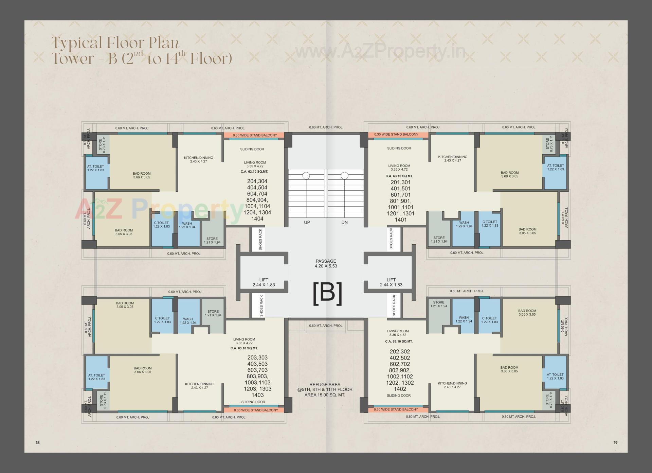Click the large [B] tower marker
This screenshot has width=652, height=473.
tap(327, 293)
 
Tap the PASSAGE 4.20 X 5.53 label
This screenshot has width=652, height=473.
tap(326, 264)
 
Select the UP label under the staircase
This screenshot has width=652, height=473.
tap(307, 223)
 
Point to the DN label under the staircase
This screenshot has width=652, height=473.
tap(344, 223)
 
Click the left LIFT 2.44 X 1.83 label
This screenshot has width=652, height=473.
tap(264, 282)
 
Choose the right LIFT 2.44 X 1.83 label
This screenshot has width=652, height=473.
tap(391, 282)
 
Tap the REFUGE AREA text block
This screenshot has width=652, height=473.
tap(325, 390)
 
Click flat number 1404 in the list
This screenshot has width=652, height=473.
tap(257, 219)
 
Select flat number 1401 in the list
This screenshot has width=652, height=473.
tap(401, 220)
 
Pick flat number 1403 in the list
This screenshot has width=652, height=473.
tap(258, 395)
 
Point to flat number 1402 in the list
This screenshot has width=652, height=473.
tap(400, 389)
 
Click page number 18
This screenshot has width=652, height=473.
tap(38, 442)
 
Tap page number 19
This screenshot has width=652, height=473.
tap(615, 442)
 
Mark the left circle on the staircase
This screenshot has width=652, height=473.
tap(306, 176)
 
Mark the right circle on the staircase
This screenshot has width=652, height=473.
tap(344, 176)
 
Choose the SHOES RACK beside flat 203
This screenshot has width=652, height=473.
tap(261, 306)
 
